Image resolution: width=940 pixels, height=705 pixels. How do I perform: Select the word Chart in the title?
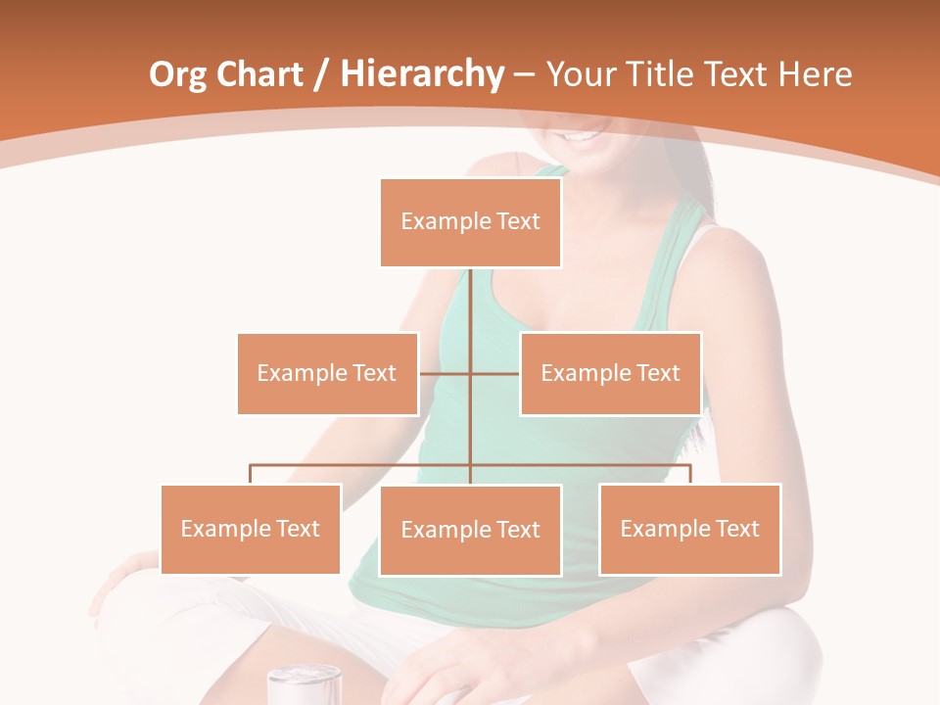(x=260, y=74)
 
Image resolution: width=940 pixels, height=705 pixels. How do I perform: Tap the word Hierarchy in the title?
(x=422, y=74)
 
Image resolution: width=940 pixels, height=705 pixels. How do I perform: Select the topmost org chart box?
(x=470, y=222)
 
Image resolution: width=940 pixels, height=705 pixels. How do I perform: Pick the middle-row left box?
(x=327, y=373)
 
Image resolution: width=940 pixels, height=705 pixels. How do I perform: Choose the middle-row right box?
(x=610, y=373)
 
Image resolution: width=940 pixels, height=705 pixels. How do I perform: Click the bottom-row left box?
(x=251, y=529)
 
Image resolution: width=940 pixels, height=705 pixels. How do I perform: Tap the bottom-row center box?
(x=470, y=530)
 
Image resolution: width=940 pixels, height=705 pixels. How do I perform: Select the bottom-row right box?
(x=689, y=529)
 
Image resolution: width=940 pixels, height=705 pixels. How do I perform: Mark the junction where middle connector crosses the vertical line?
(x=470, y=373)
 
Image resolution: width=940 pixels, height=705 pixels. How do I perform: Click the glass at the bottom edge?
(x=305, y=684)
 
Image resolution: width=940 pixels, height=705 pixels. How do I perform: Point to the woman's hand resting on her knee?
(x=127, y=578)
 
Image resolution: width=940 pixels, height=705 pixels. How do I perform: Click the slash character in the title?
(x=321, y=74)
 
